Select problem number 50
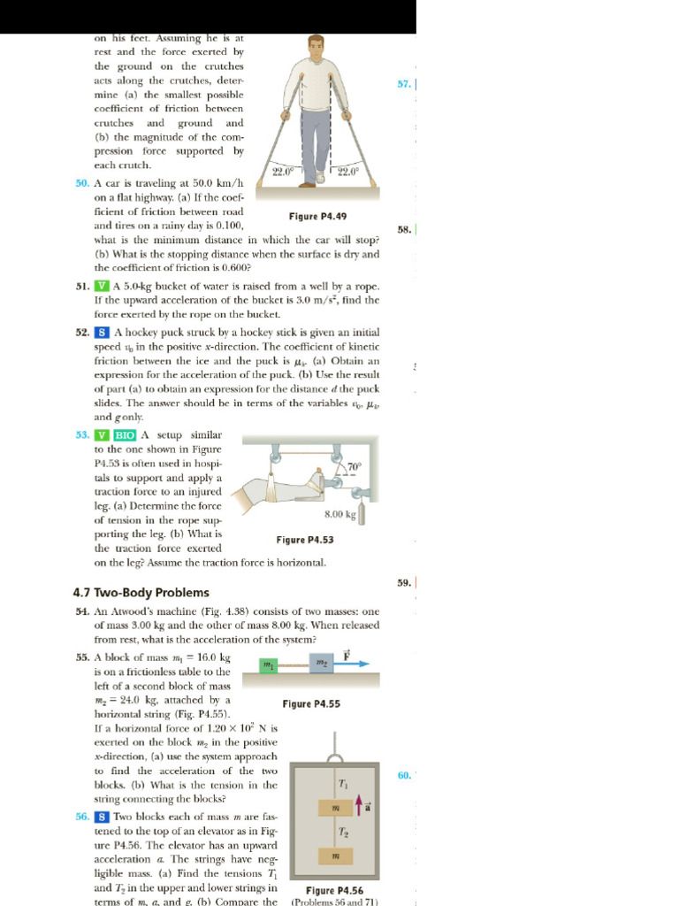(82, 182)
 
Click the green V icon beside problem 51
(103, 286)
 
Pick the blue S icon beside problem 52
(103, 333)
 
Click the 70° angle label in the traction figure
(354, 466)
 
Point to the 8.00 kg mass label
(339, 513)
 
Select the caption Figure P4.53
(305, 540)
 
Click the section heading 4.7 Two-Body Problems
(141, 592)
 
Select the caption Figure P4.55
(311, 704)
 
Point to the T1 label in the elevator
(343, 784)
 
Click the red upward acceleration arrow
(358, 804)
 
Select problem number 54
(82, 611)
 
